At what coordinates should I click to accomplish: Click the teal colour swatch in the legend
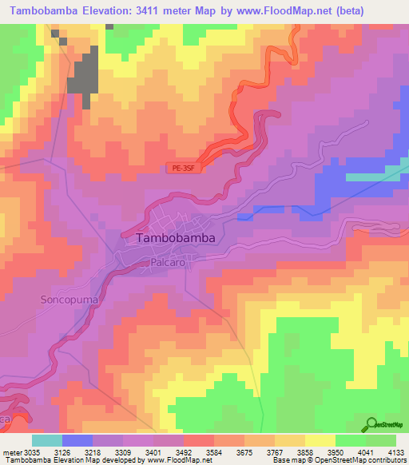[x=46, y=440]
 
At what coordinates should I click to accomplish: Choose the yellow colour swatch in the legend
[x=320, y=440]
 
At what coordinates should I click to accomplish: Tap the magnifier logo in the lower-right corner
[x=371, y=424]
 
